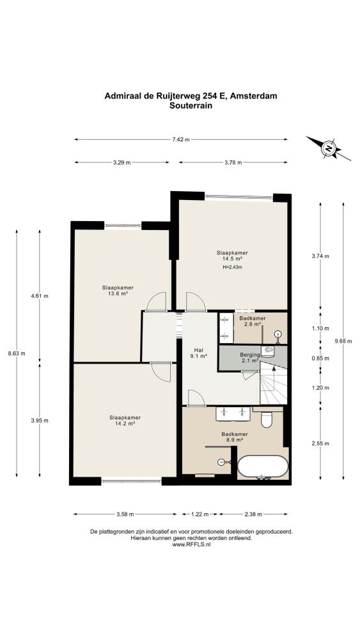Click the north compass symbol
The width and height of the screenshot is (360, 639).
coord(328,148)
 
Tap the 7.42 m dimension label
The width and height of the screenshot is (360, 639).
coord(180,139)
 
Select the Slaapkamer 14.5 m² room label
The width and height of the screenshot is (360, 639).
coord(232,256)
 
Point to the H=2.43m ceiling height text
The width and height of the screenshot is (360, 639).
coord(232,267)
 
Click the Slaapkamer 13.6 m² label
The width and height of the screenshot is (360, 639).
coord(118,290)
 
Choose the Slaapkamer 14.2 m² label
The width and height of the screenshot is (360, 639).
coord(125,420)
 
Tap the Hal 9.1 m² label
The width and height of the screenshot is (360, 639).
coord(199,353)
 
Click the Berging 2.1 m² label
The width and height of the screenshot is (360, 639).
coord(249,357)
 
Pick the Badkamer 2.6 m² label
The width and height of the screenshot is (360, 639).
coord(253,321)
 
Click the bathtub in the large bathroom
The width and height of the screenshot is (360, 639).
coord(263,466)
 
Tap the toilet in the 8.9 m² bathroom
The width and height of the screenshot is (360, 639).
coord(267,419)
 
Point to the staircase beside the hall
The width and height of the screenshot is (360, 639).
coord(274,383)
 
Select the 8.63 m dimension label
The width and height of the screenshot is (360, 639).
coord(17,353)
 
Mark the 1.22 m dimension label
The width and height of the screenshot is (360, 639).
coord(200,514)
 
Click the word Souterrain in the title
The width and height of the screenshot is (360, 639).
coord(191,105)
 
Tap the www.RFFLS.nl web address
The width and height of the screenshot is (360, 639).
coord(191,544)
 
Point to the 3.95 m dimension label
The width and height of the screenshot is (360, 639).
coord(40,420)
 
